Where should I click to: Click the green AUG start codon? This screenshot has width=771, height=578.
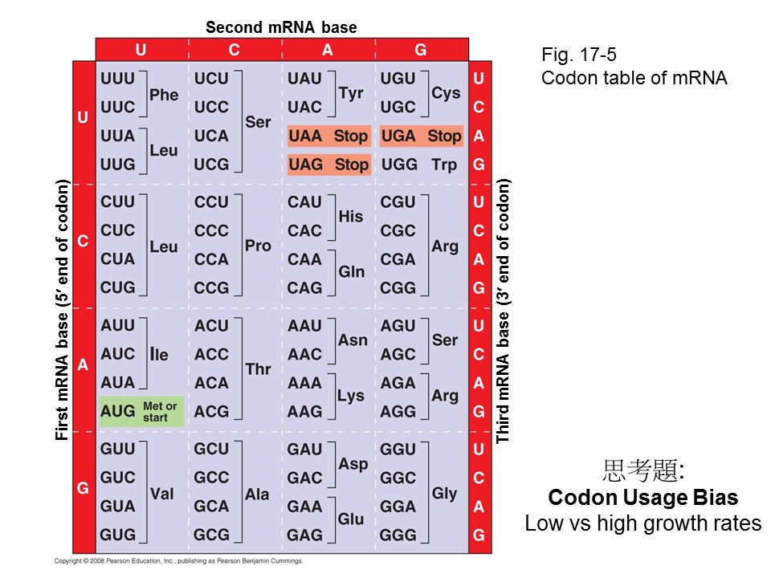[118, 412]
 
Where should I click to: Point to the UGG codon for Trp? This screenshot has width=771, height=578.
[398, 165]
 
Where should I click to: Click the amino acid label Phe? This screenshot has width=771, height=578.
[164, 95]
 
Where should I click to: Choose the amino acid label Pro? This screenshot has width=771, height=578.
[258, 246]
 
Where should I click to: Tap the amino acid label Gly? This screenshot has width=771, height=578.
[444, 493]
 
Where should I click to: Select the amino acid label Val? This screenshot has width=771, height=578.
[162, 494]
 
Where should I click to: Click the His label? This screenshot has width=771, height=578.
[351, 216]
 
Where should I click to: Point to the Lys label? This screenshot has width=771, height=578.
[351, 396]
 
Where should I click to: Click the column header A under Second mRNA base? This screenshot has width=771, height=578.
[328, 50]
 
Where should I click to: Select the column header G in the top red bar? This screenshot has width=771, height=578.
[421, 50]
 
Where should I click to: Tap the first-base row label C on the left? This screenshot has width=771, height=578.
[83, 241]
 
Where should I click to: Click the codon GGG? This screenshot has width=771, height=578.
[398, 535]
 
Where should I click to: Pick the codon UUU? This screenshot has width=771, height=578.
[118, 79]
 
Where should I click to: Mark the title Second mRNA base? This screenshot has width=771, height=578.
[281, 27]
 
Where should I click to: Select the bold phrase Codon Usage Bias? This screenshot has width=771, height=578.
[642, 497]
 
